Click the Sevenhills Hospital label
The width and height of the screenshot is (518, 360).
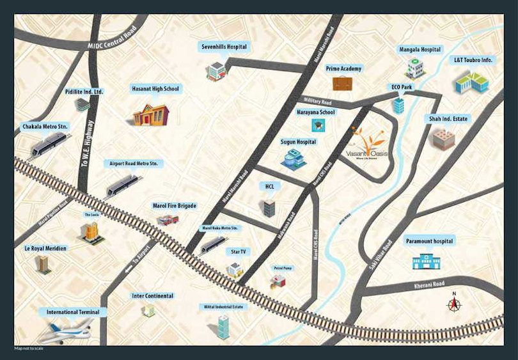(223, 47)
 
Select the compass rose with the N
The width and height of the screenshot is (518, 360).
(454, 304)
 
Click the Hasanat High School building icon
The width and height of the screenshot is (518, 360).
(151, 114)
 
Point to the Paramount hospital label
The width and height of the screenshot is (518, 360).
(429, 241)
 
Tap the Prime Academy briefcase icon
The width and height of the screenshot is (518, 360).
(342, 83)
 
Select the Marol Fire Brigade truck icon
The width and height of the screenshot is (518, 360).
(168, 220)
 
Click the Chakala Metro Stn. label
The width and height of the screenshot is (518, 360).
(45, 127)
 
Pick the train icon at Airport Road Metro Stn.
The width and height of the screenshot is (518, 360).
(123, 185)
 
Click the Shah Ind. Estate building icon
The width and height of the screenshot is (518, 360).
(443, 139)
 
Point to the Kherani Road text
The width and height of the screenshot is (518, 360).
(428, 284)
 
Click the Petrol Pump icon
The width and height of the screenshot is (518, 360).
(278, 280)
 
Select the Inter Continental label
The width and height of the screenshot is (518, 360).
(152, 296)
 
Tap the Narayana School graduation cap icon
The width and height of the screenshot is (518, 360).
(316, 125)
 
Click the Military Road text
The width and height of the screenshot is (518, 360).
(318, 102)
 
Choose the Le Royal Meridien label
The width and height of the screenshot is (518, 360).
(45, 247)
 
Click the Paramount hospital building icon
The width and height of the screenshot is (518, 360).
(425, 260)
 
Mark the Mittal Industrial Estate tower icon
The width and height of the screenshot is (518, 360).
(223, 327)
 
